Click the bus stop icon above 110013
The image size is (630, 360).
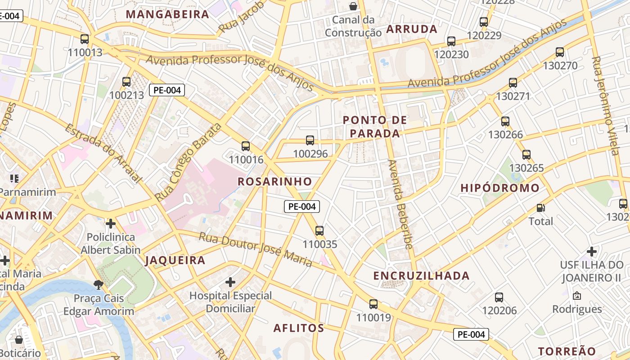pyautogui.click(x=85, y=39)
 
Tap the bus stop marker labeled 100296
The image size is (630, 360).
pyautogui.click(x=310, y=140)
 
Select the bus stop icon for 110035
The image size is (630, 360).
pyautogui.click(x=319, y=231)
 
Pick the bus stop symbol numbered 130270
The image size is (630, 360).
pyautogui.click(x=560, y=52)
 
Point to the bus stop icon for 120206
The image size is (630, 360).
pyautogui.click(x=499, y=297)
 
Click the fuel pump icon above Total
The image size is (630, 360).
pyautogui.click(x=540, y=208)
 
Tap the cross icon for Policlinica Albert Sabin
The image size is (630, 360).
pyautogui.click(x=111, y=223)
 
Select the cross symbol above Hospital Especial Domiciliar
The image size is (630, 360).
pyautogui.click(x=230, y=282)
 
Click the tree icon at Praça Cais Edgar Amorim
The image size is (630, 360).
pyautogui.click(x=98, y=284)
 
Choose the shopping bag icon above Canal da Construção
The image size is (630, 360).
pyautogui.click(x=353, y=6)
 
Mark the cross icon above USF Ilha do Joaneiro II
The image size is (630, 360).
pyautogui.click(x=592, y=251)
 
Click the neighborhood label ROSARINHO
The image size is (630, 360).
pyautogui.click(x=274, y=182)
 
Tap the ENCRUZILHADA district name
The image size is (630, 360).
pyautogui.click(x=422, y=276)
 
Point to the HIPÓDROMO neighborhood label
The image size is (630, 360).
pyautogui.click(x=500, y=188)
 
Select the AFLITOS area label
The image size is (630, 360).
pyautogui.click(x=299, y=328)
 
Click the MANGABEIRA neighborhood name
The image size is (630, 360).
pyautogui.click(x=168, y=14)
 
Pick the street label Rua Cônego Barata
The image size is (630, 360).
pyautogui.click(x=188, y=162)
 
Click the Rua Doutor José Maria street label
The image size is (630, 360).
pyautogui.click(x=256, y=249)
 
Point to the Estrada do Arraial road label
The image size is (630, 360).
pyautogui.click(x=103, y=153)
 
